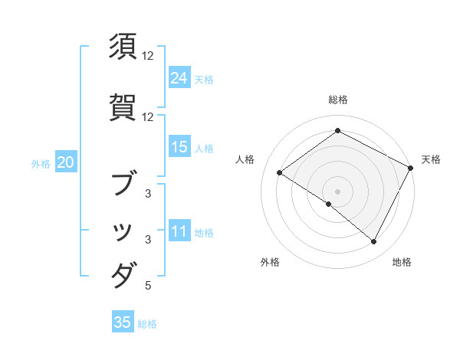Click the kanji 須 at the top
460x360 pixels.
123,47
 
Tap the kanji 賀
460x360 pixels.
123,107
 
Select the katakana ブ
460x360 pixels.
123,185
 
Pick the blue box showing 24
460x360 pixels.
179,78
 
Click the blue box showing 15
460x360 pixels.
179,147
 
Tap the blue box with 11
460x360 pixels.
179,231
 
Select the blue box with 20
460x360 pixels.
66,162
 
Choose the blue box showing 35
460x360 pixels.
123,322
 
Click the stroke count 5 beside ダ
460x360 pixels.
148,286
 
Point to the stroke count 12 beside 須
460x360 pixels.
148,56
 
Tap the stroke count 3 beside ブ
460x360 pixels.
148,194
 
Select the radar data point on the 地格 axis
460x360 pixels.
374,242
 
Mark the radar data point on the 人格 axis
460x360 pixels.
280,173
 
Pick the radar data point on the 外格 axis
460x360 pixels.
329,204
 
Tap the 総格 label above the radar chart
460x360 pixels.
338,100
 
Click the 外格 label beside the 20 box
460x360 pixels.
41,163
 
